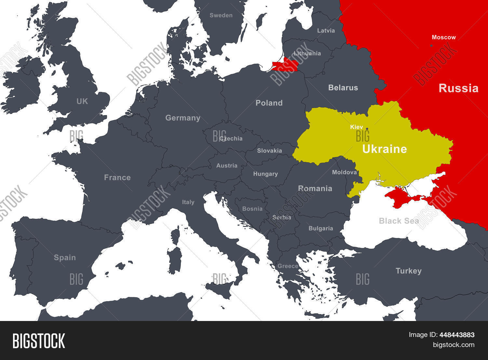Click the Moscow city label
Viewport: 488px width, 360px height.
point(443,37)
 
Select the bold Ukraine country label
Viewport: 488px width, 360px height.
point(385,149)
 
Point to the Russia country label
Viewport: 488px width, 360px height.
point(458,88)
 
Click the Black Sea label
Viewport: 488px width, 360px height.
point(399,221)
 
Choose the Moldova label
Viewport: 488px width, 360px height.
point(344,172)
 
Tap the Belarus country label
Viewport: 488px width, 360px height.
point(343,87)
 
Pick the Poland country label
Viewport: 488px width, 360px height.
point(269,103)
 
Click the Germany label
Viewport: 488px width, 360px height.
point(183,118)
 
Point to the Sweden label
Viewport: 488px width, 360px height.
point(221,15)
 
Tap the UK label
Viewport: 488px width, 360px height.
point(82,101)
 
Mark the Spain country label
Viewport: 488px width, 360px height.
point(65,258)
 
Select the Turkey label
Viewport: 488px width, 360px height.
point(408,271)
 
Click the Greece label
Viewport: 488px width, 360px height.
point(288,266)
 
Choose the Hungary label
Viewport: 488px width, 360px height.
point(265,174)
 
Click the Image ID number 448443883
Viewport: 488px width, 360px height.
point(456,335)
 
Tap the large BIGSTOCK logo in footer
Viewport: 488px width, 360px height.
point(39,341)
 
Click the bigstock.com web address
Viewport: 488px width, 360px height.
point(453,345)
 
